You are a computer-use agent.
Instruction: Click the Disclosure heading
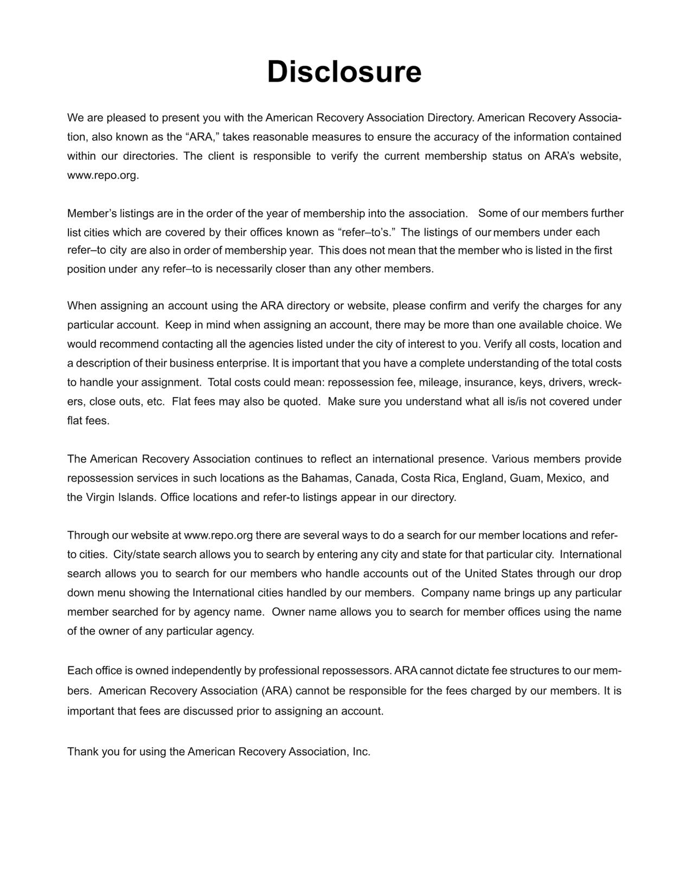[344, 72]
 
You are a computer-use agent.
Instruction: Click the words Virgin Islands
[121, 497]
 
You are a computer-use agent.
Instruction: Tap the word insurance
[490, 383]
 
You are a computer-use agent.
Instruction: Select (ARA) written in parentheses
[276, 691]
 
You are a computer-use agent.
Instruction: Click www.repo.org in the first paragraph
[103, 176]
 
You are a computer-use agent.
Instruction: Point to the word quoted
[301, 402]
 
